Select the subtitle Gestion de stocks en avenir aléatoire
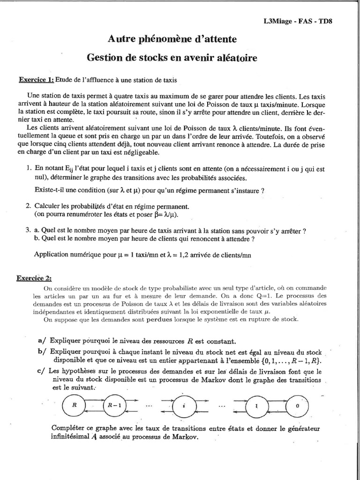coord(172,58)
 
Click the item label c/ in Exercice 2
coord(40,371)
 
